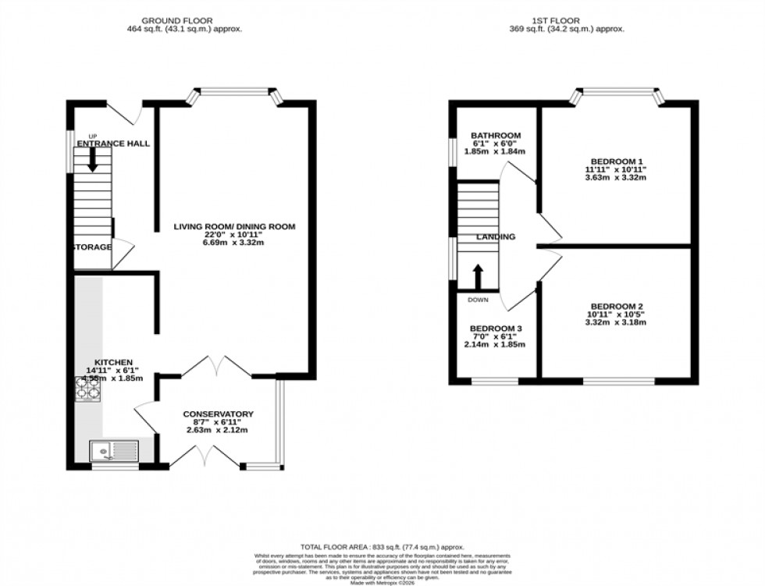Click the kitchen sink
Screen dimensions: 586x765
pos(114,449)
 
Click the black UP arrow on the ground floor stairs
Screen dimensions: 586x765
pos(93,160)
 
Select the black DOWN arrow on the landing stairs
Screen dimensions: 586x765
pos(477,276)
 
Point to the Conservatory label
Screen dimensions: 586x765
pos(219,414)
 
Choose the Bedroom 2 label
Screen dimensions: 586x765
pos(617,306)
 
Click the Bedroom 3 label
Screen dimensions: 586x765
pos(496,328)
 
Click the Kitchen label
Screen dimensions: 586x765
pos(108,362)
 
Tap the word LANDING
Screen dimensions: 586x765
pos(496,237)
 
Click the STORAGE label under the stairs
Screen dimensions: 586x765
pos(92,247)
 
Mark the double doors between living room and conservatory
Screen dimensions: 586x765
pos(217,365)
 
